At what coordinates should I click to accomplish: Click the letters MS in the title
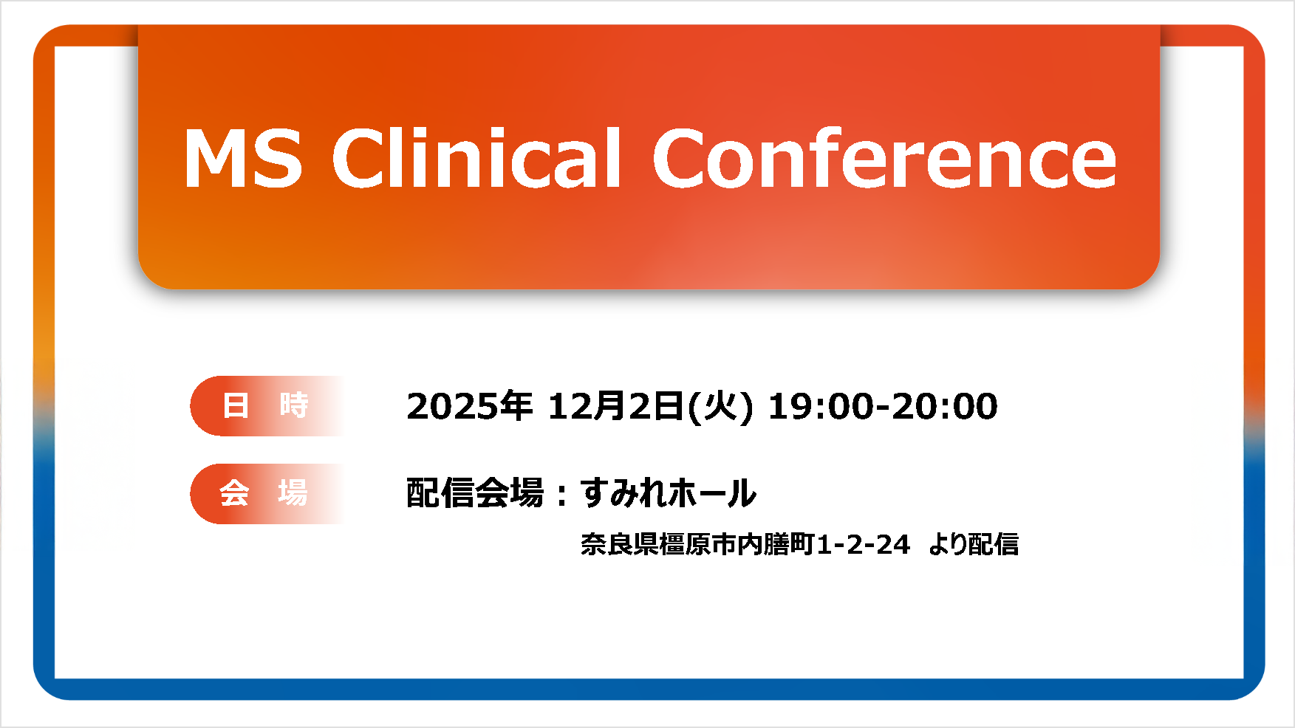pyautogui.click(x=243, y=158)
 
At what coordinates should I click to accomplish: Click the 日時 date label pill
pyautogui.click(x=267, y=406)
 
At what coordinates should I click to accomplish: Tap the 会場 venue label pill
pyautogui.click(x=267, y=494)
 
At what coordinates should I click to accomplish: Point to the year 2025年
pyautogui.click(x=470, y=406)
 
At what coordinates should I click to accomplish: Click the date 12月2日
pyautogui.click(x=615, y=406)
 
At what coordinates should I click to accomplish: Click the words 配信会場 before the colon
pyautogui.click(x=475, y=493)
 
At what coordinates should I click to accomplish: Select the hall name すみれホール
pyautogui.click(x=669, y=493)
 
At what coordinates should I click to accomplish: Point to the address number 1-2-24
pyautogui.click(x=864, y=545)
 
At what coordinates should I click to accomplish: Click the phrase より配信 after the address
pyautogui.click(x=974, y=545)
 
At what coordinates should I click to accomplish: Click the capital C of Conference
pyautogui.click(x=681, y=157)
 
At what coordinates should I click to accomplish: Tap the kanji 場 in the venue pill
pyautogui.click(x=293, y=493)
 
